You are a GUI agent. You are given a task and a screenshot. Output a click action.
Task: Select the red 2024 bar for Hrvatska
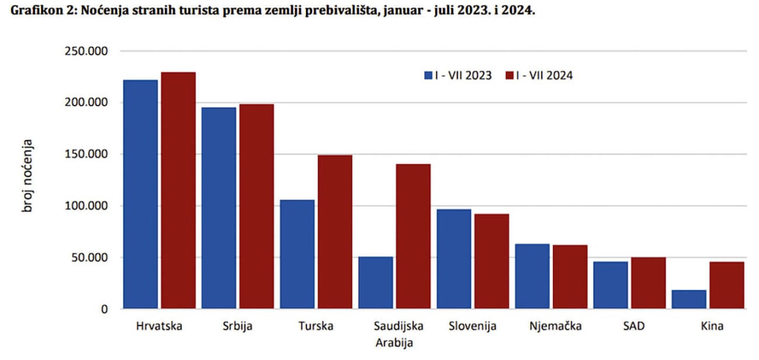(179, 190)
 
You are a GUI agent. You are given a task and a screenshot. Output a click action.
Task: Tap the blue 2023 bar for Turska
(297, 254)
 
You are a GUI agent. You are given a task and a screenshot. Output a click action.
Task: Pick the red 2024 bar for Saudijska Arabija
(413, 236)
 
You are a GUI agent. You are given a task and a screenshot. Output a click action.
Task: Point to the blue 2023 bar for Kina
(689, 299)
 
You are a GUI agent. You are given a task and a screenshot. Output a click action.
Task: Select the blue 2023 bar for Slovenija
(454, 258)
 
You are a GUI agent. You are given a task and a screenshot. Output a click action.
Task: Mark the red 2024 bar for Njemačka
(570, 277)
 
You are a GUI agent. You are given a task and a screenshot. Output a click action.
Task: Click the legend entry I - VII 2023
(458, 75)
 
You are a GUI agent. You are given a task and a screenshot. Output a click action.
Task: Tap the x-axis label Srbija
(238, 326)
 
